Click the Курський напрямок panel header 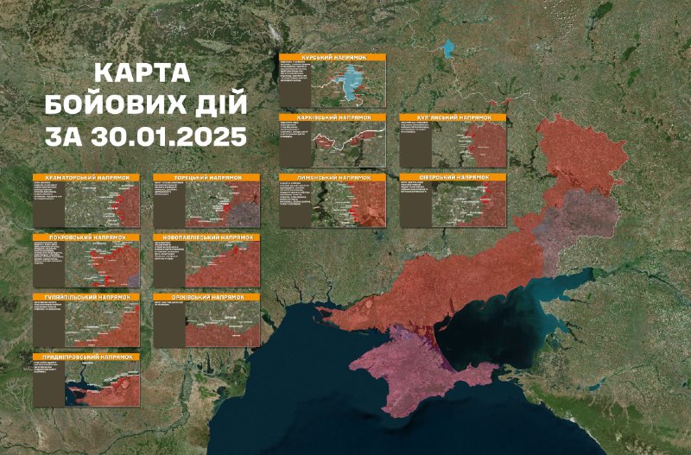[x=333, y=57]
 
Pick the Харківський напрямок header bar [x=333, y=117]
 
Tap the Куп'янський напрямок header [x=453, y=117]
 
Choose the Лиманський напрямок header [x=333, y=177]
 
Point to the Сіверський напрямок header [x=453, y=177]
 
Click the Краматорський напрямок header [x=86, y=177]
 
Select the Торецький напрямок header [x=206, y=177]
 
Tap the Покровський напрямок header [x=86, y=237]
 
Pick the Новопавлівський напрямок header [x=206, y=237]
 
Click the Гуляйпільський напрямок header [x=86, y=297]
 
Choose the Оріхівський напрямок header [x=206, y=297]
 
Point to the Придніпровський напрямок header [x=86, y=357]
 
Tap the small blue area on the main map [x=448, y=49]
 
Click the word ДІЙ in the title [x=217, y=104]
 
